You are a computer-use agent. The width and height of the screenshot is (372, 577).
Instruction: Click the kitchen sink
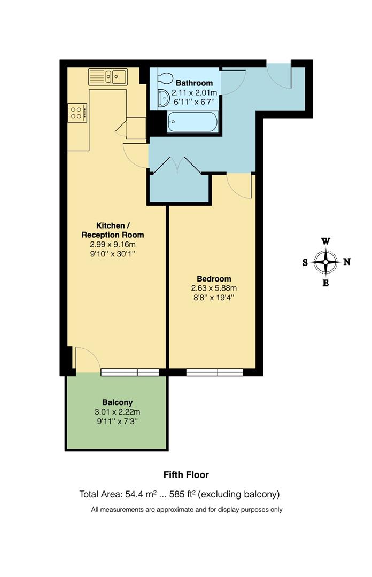pos(108,77)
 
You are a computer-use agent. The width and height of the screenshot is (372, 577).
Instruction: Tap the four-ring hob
pos(76,112)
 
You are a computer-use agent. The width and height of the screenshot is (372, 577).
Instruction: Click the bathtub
pos(192,122)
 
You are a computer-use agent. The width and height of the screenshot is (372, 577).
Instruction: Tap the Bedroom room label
pos(214,278)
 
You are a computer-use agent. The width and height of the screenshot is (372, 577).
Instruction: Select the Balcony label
pos(117,402)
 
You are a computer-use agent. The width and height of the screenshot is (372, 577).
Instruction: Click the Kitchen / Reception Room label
pos(112,230)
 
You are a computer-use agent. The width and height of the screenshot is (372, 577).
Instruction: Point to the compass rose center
pos(325,262)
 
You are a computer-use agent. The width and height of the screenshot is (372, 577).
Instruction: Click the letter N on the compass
pos(346,262)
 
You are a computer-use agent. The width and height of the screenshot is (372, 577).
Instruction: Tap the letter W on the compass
pos(325,241)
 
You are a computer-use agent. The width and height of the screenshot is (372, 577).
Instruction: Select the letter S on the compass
pos(305,262)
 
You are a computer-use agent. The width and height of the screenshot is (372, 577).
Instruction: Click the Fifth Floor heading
pos(186,474)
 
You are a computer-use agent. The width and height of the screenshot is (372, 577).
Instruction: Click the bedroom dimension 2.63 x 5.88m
pos(214,288)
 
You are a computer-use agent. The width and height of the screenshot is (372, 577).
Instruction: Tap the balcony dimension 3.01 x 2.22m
pos(117,412)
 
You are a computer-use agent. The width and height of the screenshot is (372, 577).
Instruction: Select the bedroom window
pos(215,372)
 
